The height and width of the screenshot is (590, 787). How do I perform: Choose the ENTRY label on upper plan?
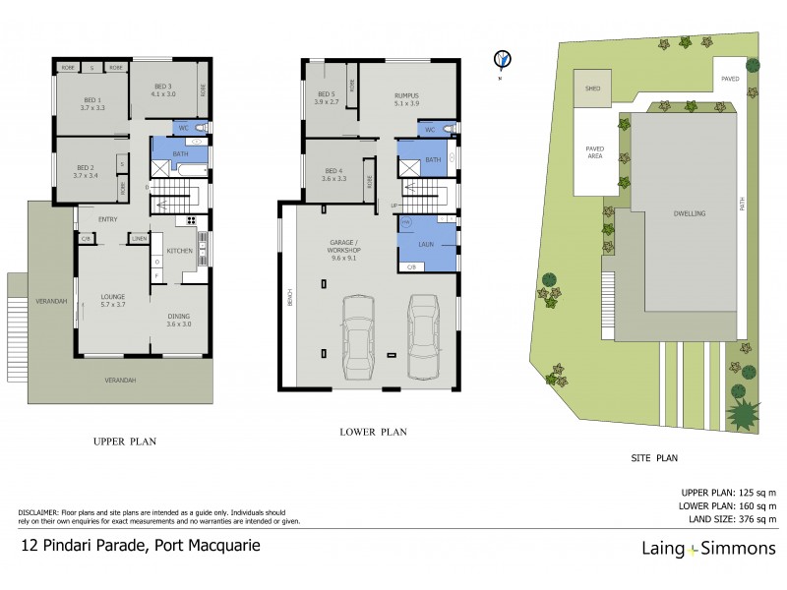94,218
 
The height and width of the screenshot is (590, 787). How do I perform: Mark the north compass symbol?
503,60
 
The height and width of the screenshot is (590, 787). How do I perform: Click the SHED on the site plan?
592,88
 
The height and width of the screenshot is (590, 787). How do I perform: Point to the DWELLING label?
690,213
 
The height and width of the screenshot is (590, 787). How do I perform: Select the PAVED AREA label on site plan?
595,151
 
